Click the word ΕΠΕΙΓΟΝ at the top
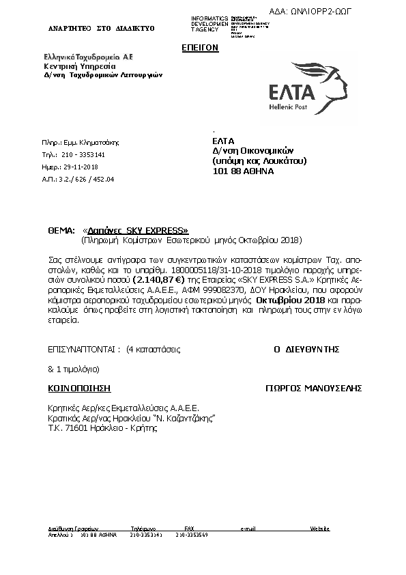click(x=199, y=48)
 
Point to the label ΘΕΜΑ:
click(x=61, y=231)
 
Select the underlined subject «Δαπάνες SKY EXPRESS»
click(x=135, y=231)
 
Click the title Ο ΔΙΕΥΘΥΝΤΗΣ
click(x=306, y=349)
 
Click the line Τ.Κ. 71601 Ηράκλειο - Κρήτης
click(x=102, y=429)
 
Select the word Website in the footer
click(x=320, y=529)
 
